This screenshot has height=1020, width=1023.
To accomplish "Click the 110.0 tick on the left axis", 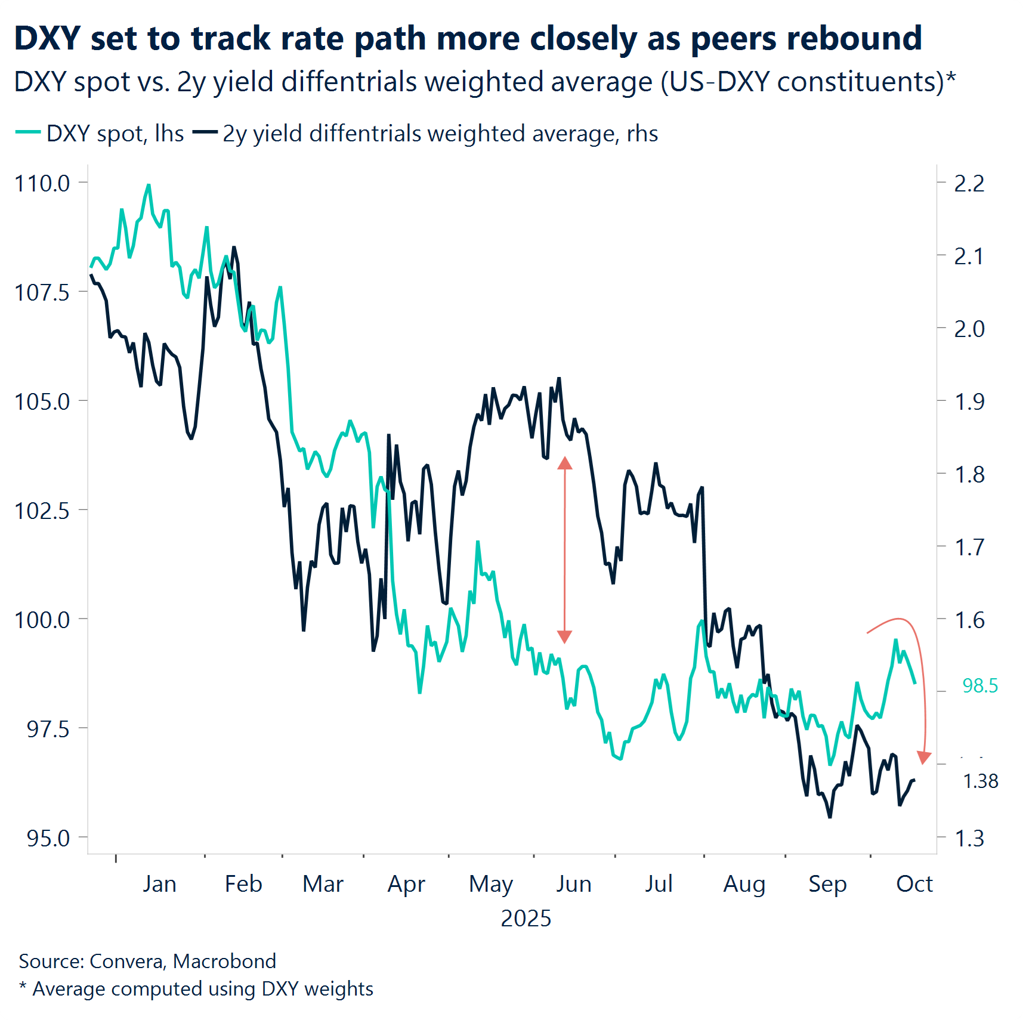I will (42, 183).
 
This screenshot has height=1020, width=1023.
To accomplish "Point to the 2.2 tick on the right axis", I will (969, 184).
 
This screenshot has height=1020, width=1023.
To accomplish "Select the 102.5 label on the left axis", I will (42, 511).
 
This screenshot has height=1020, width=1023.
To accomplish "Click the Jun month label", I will (573, 884).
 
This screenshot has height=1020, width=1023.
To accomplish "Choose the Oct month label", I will (914, 884).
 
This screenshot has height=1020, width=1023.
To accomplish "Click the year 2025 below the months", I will (526, 919).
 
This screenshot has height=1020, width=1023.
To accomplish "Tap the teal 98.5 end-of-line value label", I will (979, 686).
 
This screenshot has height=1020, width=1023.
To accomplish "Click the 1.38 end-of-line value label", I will (980, 781).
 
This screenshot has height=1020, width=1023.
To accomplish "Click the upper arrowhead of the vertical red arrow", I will (565, 463).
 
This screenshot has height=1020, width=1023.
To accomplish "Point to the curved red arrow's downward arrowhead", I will (924, 758).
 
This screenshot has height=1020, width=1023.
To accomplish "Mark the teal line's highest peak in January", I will (149, 186).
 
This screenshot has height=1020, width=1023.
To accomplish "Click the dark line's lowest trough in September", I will (830, 817).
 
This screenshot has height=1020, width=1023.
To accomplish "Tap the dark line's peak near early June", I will (559, 378).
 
